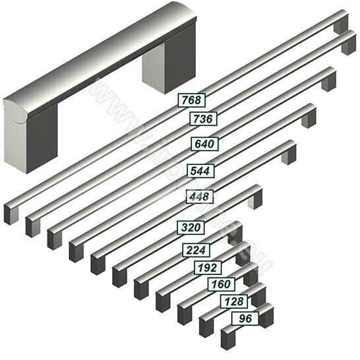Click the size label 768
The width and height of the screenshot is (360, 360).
pos(192,100)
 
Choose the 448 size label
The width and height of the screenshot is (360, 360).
pos(200,196)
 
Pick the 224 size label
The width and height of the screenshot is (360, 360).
pos(196,251)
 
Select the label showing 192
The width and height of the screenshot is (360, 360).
pos(208,268)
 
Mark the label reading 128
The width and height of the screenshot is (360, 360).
pos(234,302)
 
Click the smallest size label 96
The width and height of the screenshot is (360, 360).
pos(245,318)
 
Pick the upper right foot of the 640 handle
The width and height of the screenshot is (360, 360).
pos(328,81)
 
